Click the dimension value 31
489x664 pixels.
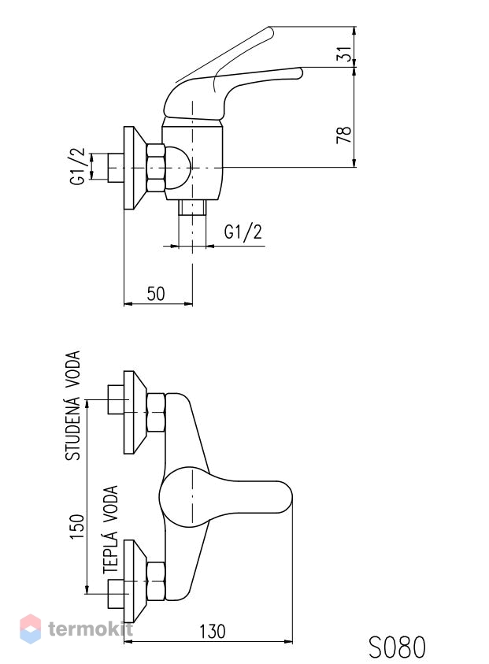click(346, 54)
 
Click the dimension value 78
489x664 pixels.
click(345, 135)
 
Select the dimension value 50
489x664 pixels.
click(156, 294)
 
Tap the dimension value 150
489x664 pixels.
click(77, 526)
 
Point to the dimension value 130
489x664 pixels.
click(213, 632)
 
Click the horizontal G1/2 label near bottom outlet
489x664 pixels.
click(243, 232)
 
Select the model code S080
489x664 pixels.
click(397, 647)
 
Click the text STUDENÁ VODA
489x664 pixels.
click(72, 406)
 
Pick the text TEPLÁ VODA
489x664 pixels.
click(110, 529)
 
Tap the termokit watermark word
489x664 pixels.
click(91, 629)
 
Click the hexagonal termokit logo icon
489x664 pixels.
click(31, 629)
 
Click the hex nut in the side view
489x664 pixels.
click(155, 168)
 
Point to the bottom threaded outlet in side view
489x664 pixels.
click(192, 207)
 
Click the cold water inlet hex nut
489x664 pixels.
click(156, 412)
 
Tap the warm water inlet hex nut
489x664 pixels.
click(156, 581)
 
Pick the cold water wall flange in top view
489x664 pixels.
click(135, 413)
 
